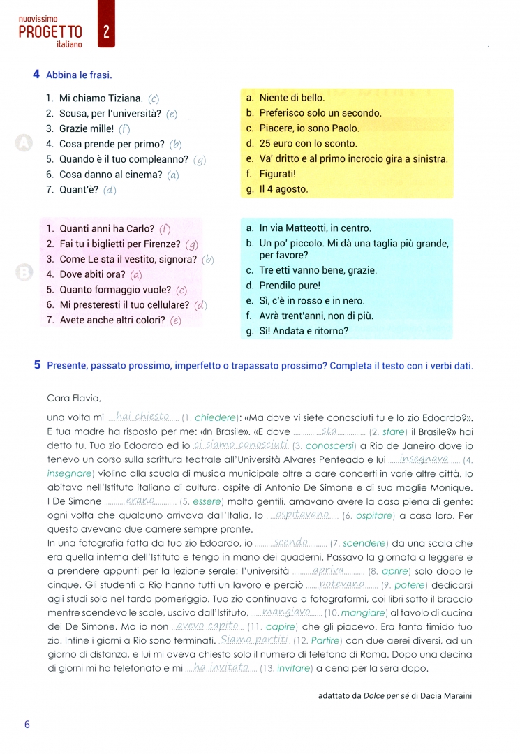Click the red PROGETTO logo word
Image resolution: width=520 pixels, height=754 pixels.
click(x=51, y=31)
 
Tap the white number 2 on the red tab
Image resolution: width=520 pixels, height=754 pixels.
click(x=105, y=32)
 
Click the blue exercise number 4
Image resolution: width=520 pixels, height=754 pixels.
click(x=36, y=74)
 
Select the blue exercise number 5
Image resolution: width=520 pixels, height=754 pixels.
click(x=37, y=364)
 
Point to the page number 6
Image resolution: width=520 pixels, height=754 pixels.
click(x=27, y=724)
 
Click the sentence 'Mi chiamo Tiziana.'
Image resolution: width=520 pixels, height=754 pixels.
click(x=101, y=98)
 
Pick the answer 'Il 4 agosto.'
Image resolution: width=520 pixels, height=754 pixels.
click(x=283, y=189)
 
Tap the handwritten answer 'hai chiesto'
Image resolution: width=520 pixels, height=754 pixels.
click(x=143, y=416)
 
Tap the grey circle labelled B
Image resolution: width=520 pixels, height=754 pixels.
click(x=23, y=273)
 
